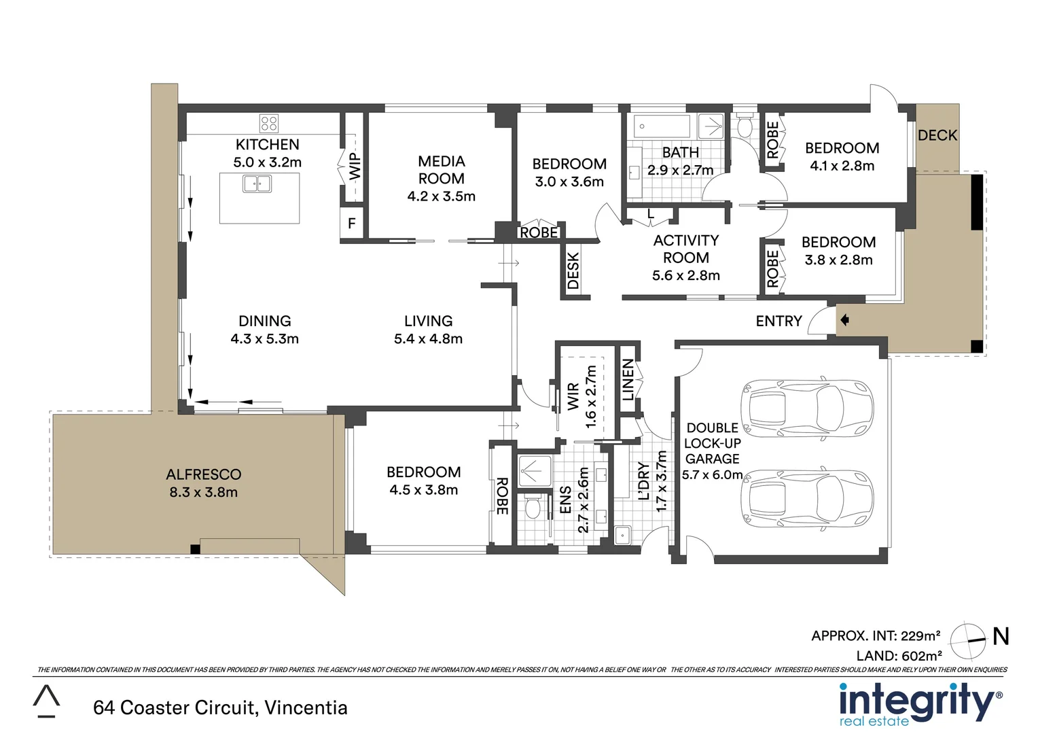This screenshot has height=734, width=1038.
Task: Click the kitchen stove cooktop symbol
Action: [269, 123]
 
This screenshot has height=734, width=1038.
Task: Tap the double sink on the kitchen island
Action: [257, 183]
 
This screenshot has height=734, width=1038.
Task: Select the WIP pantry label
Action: [355, 166]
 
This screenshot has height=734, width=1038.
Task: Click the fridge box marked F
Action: [352, 224]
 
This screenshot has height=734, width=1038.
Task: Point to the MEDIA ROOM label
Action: [441, 170]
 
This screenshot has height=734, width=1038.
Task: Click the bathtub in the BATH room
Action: [661, 126]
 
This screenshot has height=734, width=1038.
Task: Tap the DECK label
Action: [937, 135]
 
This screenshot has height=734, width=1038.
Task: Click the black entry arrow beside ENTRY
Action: [844, 320]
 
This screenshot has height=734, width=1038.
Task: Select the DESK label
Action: [573, 270]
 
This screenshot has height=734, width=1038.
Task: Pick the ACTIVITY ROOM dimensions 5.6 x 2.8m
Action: [686, 275]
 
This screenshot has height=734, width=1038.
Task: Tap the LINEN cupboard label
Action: [628, 380]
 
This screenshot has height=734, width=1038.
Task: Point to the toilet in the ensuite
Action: [532, 507]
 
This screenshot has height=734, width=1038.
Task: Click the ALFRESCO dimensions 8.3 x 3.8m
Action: [203, 492]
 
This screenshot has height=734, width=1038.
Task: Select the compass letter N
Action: [1001, 636]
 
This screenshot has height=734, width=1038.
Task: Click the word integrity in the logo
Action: [918, 700]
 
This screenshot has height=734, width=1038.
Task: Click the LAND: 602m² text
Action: [899, 656]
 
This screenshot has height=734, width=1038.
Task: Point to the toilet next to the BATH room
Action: [745, 125]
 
